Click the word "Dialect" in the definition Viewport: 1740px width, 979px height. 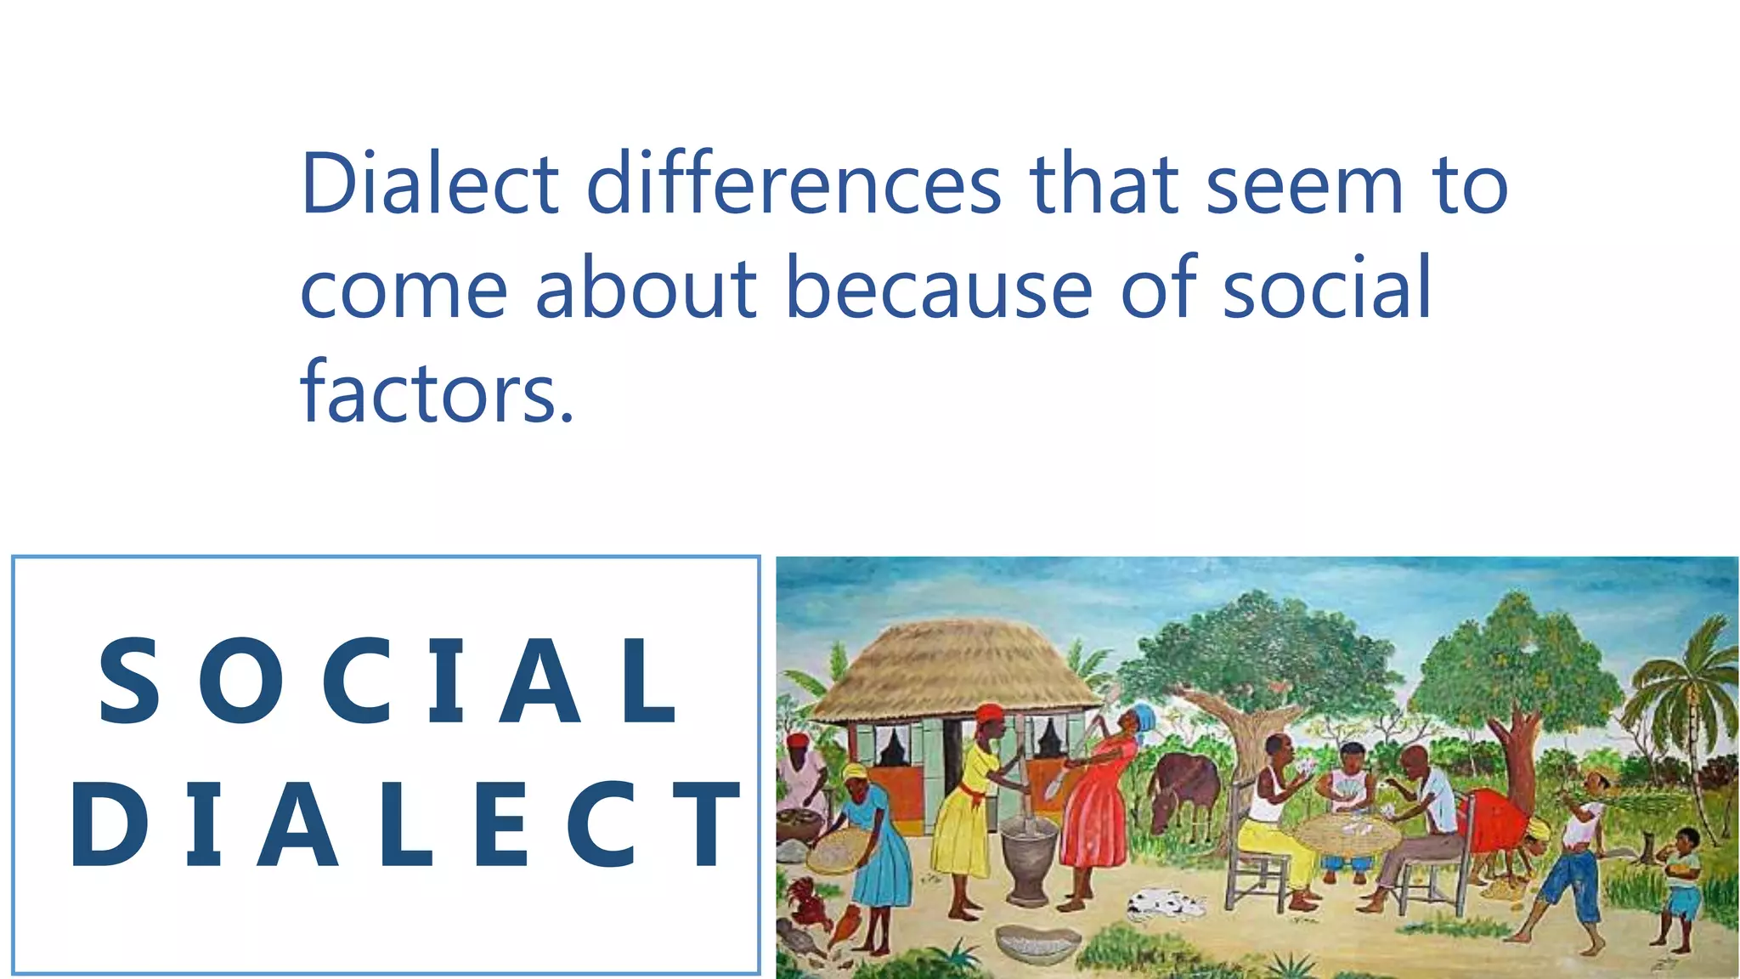coord(429,184)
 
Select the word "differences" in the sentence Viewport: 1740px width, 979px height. coord(794,184)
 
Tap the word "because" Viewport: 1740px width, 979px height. coord(938,289)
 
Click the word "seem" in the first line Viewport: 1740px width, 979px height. coord(1304,184)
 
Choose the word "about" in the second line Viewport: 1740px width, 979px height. coord(646,289)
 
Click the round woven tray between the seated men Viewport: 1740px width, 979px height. coord(1347,833)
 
